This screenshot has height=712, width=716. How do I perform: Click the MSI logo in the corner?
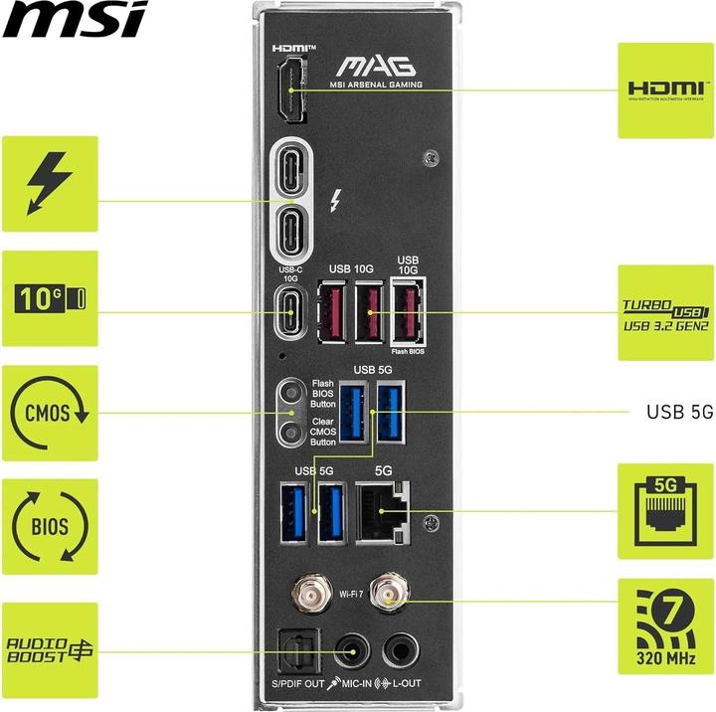tap(75, 19)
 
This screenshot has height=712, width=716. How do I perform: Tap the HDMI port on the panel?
tap(290, 89)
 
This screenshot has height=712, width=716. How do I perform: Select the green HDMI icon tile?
tap(665, 89)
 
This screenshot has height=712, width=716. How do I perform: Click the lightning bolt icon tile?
tap(50, 184)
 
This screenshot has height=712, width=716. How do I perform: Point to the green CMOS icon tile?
tap(50, 413)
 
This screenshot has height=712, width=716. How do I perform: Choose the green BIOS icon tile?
tap(50, 526)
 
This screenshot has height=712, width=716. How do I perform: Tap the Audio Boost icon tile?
tap(50, 651)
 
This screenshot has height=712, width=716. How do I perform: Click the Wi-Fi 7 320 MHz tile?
tap(665, 626)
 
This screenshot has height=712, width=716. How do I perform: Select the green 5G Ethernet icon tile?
tap(665, 511)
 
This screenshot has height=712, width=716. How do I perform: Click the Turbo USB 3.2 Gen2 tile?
tap(665, 313)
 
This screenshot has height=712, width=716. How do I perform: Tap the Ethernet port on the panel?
tap(384, 510)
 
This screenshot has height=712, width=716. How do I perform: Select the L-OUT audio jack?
tap(402, 650)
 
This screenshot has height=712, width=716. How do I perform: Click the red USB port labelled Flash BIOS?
tap(407, 312)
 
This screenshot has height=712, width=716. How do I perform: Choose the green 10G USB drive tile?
tap(50, 298)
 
